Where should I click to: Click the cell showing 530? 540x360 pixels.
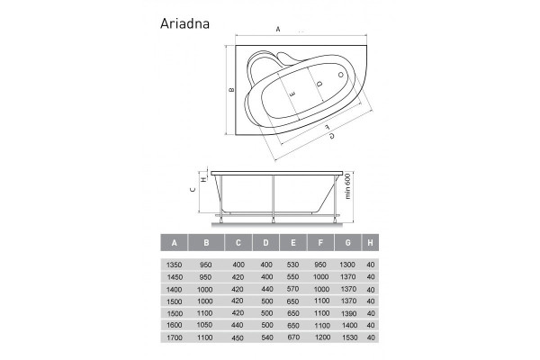293,264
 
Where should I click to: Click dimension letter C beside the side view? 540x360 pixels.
192,190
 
